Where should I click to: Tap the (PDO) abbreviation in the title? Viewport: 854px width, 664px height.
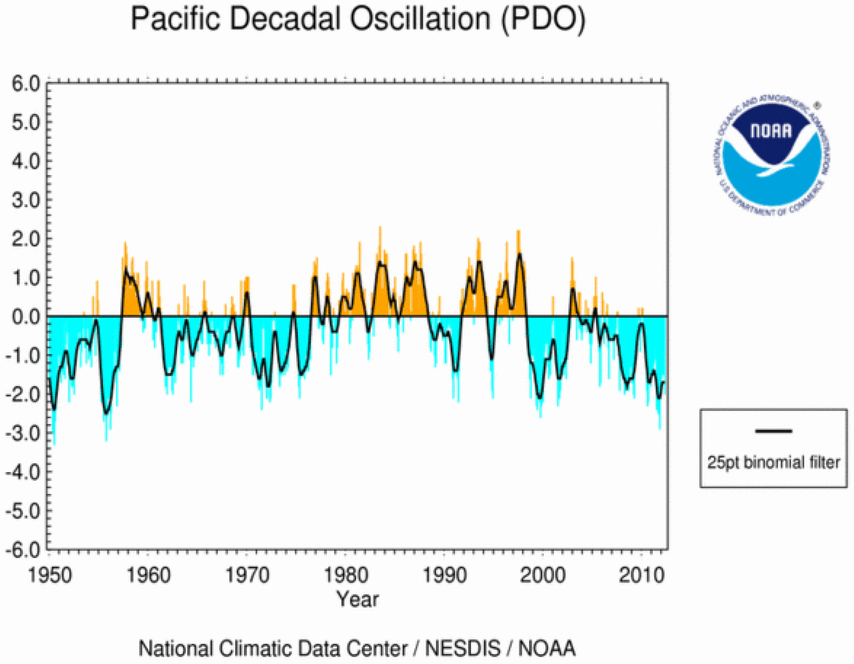click(x=543, y=19)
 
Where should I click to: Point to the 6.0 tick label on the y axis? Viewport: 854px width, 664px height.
click(x=26, y=84)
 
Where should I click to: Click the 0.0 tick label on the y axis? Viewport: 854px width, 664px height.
click(x=26, y=316)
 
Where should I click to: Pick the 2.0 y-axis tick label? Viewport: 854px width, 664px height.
click(x=26, y=239)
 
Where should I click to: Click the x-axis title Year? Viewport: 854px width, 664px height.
click(x=358, y=599)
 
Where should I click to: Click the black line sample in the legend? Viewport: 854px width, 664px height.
click(x=773, y=431)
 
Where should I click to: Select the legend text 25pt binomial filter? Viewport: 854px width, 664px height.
click(x=773, y=462)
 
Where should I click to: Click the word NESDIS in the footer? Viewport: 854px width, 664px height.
click(x=463, y=648)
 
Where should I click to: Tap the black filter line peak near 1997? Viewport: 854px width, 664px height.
click(x=520, y=255)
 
